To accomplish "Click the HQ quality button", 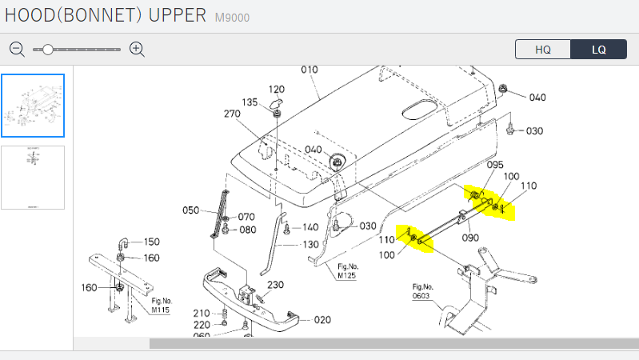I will click(542, 50).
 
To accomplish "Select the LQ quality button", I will click(598, 50).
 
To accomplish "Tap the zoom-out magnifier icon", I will click(18, 50).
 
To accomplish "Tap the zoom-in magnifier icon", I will click(137, 50).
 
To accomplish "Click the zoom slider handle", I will click(48, 50).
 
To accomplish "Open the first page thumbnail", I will click(33, 106).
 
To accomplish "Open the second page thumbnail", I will click(33, 177).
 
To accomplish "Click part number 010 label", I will click(309, 70).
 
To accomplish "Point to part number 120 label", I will click(277, 89).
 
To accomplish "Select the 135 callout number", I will click(250, 102).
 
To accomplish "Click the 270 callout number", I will click(232, 114).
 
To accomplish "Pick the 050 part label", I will click(190, 210).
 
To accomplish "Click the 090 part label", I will click(471, 238).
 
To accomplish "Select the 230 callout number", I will click(276, 284).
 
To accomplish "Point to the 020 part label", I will click(322, 319).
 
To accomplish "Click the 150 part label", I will click(151, 242).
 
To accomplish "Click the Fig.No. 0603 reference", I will click(422, 291).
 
